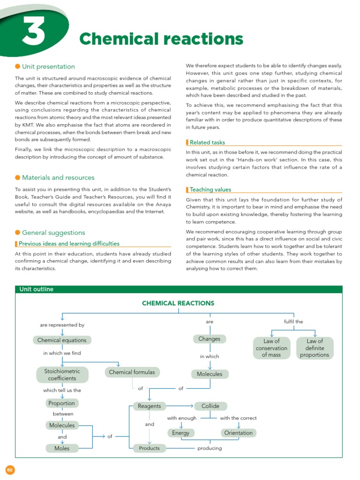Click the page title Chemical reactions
[161, 39]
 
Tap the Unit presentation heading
[48, 67]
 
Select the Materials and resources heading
[58, 178]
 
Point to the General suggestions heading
[53, 232]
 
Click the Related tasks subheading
[207, 142]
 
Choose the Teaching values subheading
[210, 189]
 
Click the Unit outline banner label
[36, 289]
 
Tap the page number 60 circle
[10, 470]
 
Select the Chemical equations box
[62, 340]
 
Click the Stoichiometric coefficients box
[62, 375]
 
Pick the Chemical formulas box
[131, 372]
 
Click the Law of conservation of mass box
[271, 348]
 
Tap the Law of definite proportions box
[315, 348]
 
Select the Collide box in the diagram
[210, 406]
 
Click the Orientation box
[238, 433]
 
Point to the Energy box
[180, 433]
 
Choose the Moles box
[62, 448]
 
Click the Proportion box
[62, 403]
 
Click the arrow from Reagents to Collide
[179, 406]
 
